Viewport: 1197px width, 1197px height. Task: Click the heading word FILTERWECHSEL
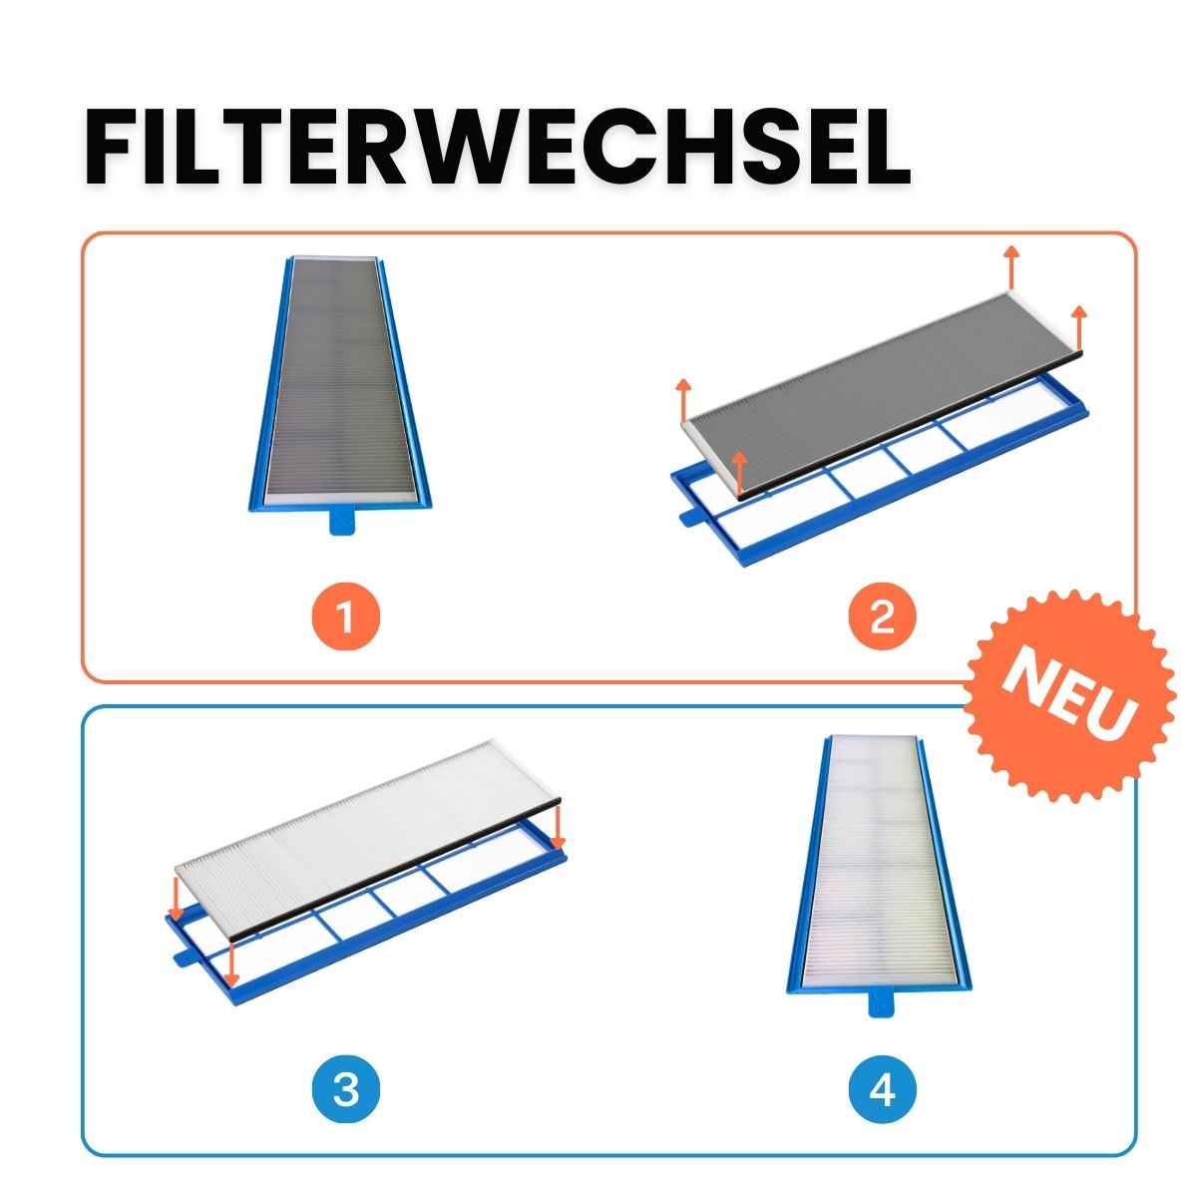pos(497,148)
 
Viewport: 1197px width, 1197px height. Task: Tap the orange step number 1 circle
pos(345,618)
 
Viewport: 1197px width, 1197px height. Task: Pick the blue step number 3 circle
pos(345,1089)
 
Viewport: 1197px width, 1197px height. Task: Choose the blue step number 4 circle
pos(883,1089)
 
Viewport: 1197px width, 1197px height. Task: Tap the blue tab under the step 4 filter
pos(881,1002)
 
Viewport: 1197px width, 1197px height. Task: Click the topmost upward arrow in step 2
pos(1011,266)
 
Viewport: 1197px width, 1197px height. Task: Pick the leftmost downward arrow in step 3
pos(176,899)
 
